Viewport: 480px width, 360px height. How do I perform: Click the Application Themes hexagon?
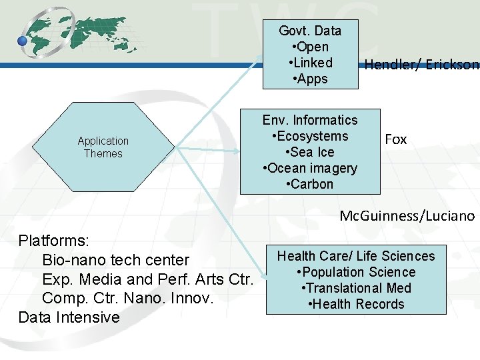click(103, 147)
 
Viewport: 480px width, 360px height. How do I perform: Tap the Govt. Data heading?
click(310, 31)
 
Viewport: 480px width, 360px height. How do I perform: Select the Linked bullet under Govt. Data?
click(310, 63)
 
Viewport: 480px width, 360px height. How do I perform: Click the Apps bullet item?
click(310, 79)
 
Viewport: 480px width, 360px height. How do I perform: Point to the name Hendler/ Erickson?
click(421, 65)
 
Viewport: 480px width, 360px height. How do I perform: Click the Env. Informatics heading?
click(310, 120)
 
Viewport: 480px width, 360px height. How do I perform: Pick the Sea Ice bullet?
click(310, 152)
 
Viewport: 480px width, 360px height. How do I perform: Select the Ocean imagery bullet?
click(310, 168)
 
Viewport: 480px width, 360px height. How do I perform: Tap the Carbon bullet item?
click(310, 184)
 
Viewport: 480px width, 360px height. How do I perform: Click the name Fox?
click(396, 139)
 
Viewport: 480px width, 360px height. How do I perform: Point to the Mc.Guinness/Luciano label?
click(407, 216)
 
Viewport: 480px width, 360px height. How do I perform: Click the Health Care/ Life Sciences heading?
click(356, 256)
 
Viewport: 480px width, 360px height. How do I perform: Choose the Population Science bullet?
click(356, 272)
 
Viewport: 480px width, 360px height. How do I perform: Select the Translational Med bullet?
click(356, 288)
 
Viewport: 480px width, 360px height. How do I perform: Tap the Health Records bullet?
click(356, 304)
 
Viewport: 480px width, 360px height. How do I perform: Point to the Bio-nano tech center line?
click(115, 259)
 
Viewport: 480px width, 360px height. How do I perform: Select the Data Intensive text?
click(69, 317)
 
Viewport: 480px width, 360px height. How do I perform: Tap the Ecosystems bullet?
click(310, 136)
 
